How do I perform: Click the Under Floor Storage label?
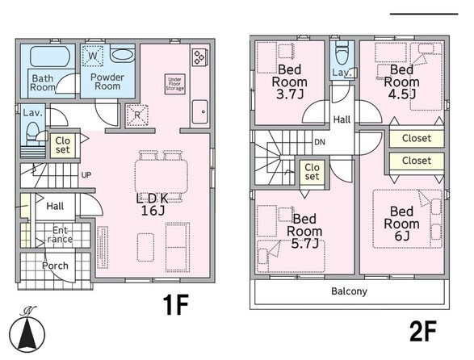(174, 84)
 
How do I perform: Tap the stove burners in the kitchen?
(199, 57)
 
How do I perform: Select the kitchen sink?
(199, 111)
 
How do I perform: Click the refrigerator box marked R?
(137, 115)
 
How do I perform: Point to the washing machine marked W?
(93, 56)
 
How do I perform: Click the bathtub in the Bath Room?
(50, 57)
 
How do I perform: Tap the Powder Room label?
(107, 82)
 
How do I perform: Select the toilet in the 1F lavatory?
(32, 134)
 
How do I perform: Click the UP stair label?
(86, 175)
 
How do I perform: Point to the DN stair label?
(320, 142)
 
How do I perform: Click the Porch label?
(55, 266)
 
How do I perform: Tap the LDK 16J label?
(153, 205)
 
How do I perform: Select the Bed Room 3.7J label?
(290, 82)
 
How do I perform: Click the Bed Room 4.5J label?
(402, 82)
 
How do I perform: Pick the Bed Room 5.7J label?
(304, 231)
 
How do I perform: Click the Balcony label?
(349, 291)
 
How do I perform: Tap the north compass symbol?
(27, 329)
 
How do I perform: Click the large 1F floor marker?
(176, 304)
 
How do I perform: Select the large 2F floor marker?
(423, 331)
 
